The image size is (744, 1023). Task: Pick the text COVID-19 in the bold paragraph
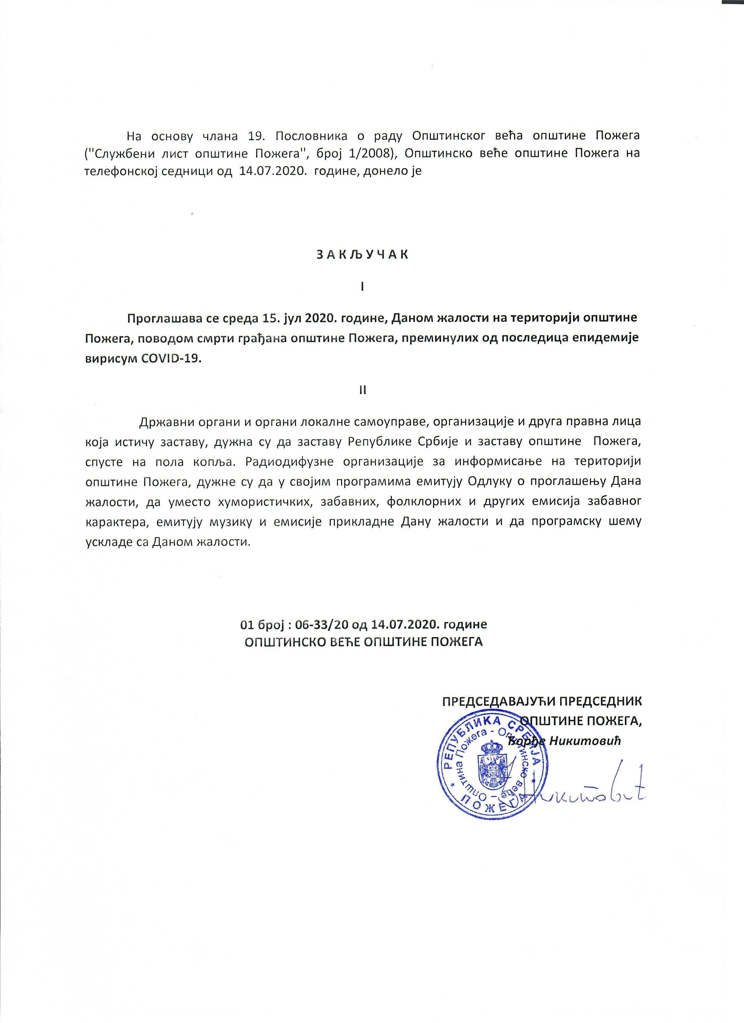(173, 359)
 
